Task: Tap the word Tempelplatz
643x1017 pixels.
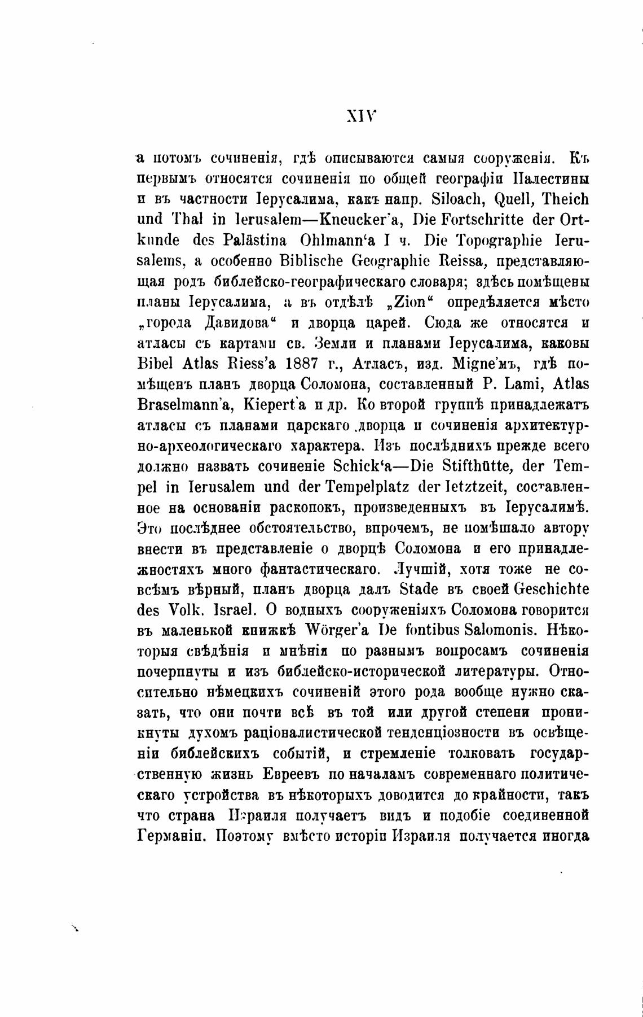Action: (365, 487)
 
